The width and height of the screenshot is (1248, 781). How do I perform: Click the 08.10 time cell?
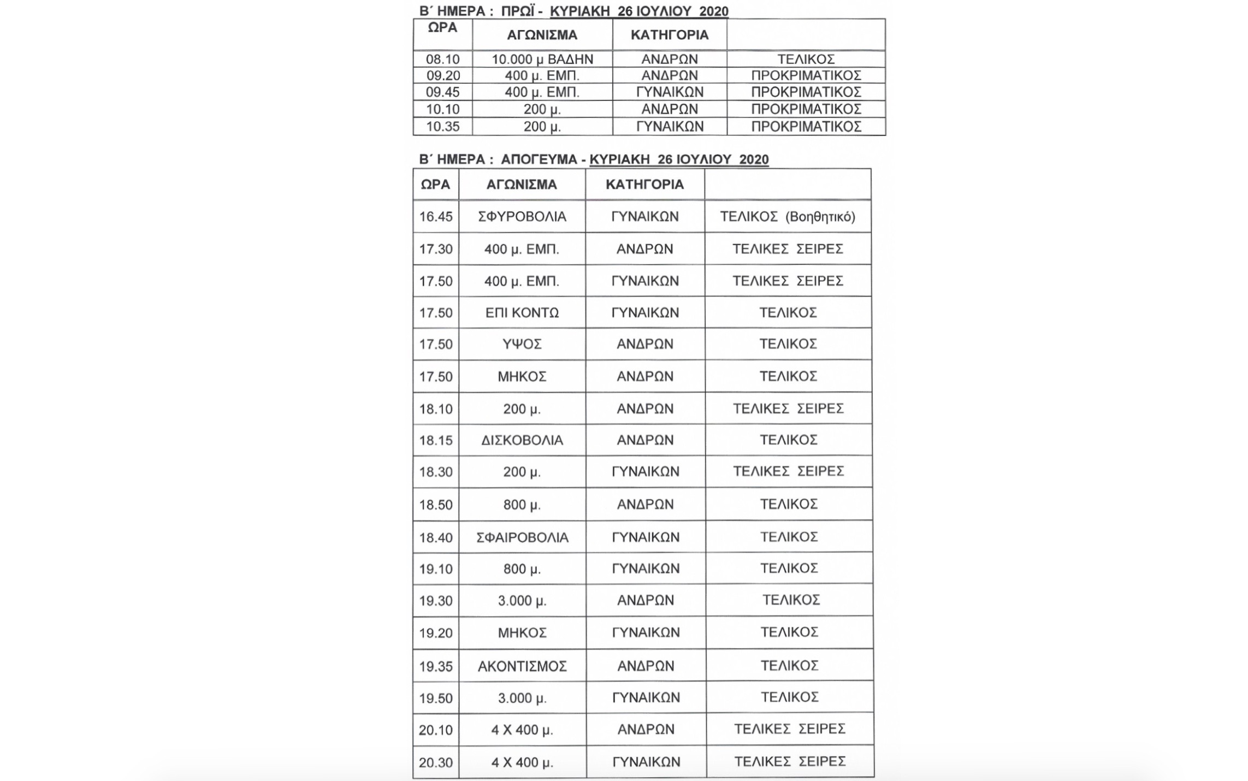442,59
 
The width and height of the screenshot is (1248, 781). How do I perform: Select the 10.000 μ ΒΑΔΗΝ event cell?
542,59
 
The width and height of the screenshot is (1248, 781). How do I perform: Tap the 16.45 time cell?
436,217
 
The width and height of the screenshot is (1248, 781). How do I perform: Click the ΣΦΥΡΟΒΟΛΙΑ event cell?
522,217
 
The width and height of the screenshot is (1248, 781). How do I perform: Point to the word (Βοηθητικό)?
820,217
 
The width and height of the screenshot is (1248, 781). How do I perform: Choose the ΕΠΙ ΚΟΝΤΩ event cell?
522,313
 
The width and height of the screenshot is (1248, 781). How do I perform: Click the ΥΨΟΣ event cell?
522,344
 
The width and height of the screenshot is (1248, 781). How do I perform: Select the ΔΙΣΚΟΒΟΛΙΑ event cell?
522,440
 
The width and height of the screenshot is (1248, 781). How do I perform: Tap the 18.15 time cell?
436,440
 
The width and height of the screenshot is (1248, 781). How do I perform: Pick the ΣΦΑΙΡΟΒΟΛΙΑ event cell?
522,537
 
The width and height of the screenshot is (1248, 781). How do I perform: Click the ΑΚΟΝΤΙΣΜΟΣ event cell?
522,666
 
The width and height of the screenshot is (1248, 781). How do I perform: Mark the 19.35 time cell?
436,666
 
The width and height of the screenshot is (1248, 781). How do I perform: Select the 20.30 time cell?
436,762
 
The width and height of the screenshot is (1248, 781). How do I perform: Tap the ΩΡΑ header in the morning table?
442,28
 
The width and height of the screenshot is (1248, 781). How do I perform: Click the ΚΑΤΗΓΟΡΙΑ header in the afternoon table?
644,185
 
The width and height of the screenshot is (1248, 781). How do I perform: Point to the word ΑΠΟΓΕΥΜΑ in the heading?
539,159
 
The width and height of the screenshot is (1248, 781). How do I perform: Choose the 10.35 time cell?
442,127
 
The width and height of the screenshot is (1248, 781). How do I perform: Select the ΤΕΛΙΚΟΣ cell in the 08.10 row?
806,59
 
